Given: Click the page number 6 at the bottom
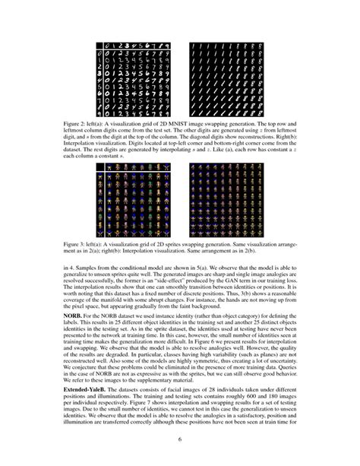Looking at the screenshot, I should pyautogui.click(x=180, y=439).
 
